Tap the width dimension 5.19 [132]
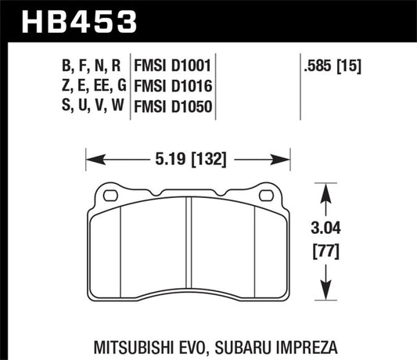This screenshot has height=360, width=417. click(x=189, y=161)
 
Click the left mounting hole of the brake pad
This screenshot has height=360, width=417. click(x=110, y=195)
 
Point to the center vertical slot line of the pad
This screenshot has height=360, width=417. click(x=189, y=250)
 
